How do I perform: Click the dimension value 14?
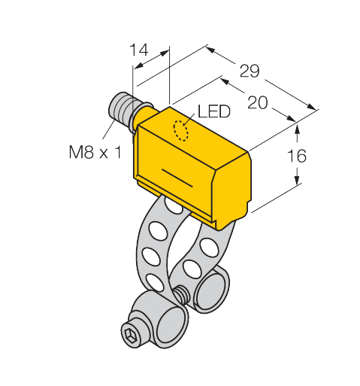click(x=139, y=50)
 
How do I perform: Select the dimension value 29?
click(x=249, y=72)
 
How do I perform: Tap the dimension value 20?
click(x=257, y=105)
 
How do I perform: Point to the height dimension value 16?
click(x=298, y=156)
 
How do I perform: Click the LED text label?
click(x=212, y=112)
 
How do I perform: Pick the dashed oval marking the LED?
click(x=181, y=129)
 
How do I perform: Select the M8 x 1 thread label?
click(x=89, y=153)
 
